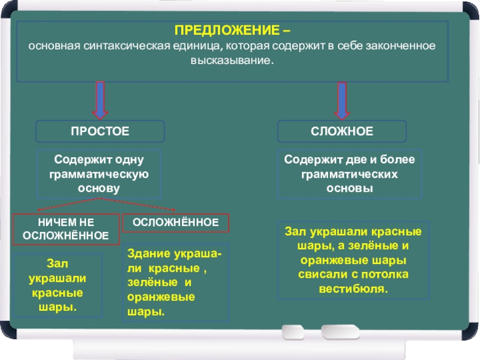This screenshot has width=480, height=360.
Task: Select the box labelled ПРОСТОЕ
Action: pyautogui.click(x=100, y=131)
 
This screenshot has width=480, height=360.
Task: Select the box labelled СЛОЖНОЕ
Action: pyautogui.click(x=341, y=131)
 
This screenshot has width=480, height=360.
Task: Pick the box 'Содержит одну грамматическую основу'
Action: pyautogui.click(x=99, y=174)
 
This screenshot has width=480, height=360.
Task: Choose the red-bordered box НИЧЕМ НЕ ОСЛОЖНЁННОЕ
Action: pyautogui.click(x=66, y=229)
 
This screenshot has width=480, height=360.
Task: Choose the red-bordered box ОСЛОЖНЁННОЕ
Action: pyautogui.click(x=176, y=223)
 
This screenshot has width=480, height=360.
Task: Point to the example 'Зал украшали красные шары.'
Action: pyautogui.click(x=57, y=285)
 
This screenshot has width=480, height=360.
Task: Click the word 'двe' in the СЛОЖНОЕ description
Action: pyautogui.click(x=349, y=160)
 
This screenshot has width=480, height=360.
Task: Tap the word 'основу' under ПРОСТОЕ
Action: pyautogui.click(x=99, y=188)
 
